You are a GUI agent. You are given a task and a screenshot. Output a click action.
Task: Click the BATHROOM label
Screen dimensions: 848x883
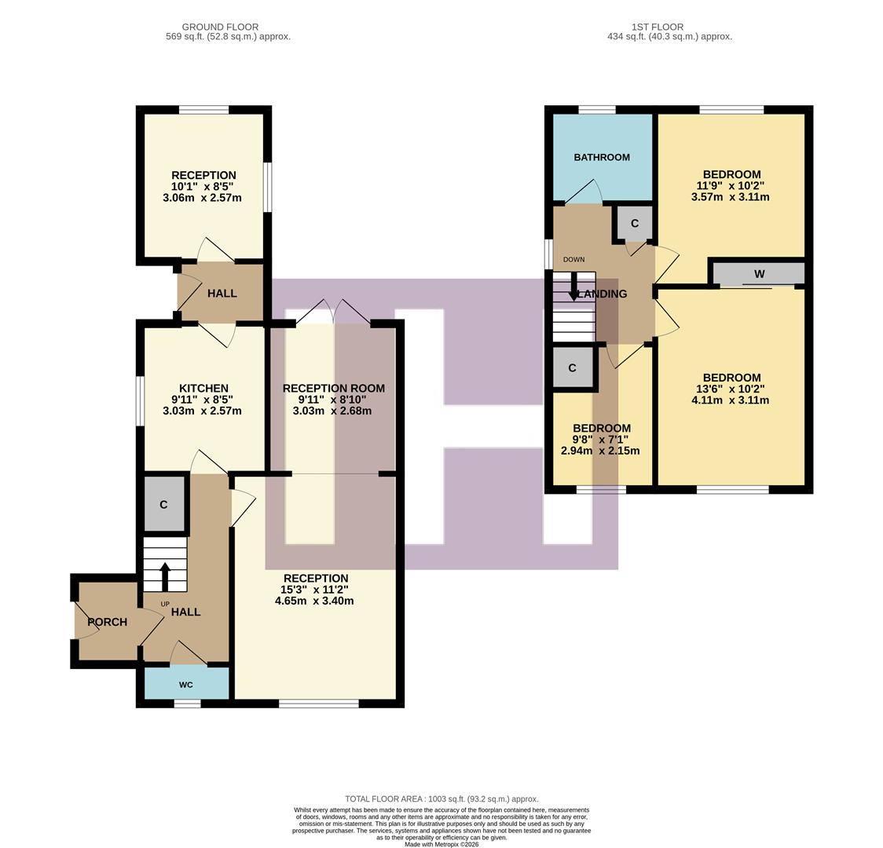click(601, 157)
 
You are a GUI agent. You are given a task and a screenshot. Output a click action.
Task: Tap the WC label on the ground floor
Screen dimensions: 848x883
click(186, 685)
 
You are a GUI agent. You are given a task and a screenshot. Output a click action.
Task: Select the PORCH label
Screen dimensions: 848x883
click(107, 622)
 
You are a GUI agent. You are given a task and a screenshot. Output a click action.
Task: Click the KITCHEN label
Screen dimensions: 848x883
click(203, 388)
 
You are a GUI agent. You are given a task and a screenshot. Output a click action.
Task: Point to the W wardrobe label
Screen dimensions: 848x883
click(759, 274)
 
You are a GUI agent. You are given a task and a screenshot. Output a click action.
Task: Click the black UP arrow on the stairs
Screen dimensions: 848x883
click(165, 576)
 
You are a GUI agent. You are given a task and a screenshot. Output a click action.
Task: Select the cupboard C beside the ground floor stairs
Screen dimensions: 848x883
click(163, 504)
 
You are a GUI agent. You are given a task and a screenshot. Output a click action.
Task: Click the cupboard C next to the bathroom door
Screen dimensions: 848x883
click(634, 223)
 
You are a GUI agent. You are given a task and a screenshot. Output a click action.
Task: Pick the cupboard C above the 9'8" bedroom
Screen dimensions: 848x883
click(572, 367)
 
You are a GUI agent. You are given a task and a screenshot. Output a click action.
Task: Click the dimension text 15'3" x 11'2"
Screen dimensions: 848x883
click(314, 590)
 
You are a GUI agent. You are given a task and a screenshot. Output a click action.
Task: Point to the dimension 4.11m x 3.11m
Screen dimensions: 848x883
click(730, 400)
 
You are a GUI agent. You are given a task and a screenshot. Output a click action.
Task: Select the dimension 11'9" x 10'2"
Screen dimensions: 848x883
click(731, 186)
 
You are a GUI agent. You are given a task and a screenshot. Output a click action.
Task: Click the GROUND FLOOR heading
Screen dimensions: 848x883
click(220, 27)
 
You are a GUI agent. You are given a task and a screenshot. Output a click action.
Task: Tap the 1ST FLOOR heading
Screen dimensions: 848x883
click(656, 27)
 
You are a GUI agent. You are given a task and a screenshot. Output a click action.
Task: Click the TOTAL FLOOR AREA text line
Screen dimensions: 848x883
click(441, 799)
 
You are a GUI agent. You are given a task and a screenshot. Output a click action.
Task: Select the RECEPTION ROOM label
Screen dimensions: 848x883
click(333, 388)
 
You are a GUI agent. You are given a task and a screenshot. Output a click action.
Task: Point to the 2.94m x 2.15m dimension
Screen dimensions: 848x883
click(600, 451)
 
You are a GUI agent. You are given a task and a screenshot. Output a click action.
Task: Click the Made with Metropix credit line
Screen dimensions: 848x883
click(441, 844)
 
